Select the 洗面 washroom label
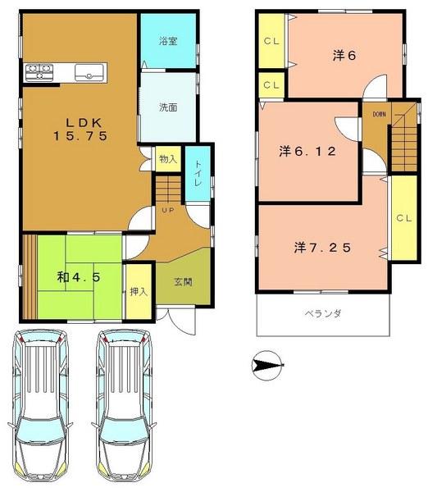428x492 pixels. (169, 106)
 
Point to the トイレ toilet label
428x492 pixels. (198, 175)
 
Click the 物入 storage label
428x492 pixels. (166, 159)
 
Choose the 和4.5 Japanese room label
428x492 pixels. (80, 277)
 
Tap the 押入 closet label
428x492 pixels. (139, 291)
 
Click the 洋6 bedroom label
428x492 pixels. (342, 55)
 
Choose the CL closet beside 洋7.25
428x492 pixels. (403, 218)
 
